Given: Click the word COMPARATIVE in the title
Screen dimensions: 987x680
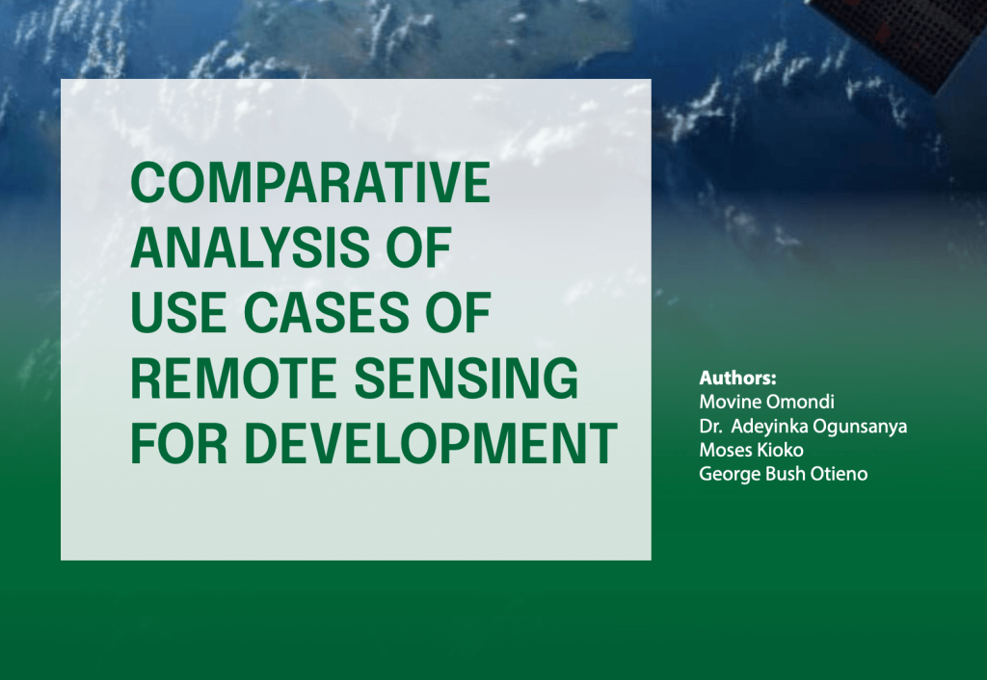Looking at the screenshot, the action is click(309, 182).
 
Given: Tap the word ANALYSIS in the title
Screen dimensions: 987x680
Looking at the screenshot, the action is click(251, 248).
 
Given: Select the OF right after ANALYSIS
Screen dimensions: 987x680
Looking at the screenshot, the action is click(418, 248).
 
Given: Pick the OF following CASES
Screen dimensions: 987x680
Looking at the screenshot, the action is click(458, 313).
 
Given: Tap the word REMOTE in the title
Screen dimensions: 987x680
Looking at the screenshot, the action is click(233, 379).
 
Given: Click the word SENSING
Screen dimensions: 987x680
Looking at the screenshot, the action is click(466, 379).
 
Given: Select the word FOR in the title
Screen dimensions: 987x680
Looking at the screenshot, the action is click(178, 443).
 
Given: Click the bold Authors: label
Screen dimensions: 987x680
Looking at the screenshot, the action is click(737, 379).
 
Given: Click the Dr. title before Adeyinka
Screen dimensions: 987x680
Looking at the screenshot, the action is click(710, 427).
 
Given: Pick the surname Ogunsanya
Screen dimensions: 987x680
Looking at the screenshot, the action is click(860, 427).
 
